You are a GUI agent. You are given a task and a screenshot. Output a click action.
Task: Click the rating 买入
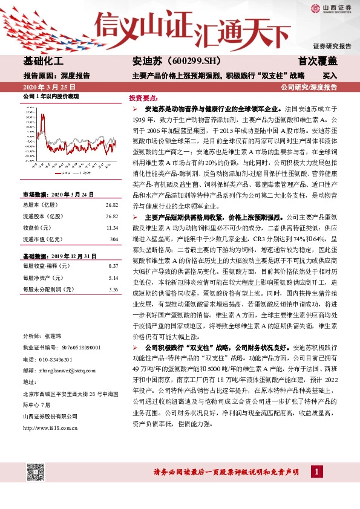[x=329, y=76]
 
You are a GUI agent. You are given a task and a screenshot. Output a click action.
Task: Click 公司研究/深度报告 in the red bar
[x=309, y=88]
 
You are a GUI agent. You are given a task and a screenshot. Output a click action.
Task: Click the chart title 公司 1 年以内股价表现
[x=51, y=97]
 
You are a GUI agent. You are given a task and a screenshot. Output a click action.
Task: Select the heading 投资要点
[x=143, y=97]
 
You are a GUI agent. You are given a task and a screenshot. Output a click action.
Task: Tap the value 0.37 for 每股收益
[x=112, y=249]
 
